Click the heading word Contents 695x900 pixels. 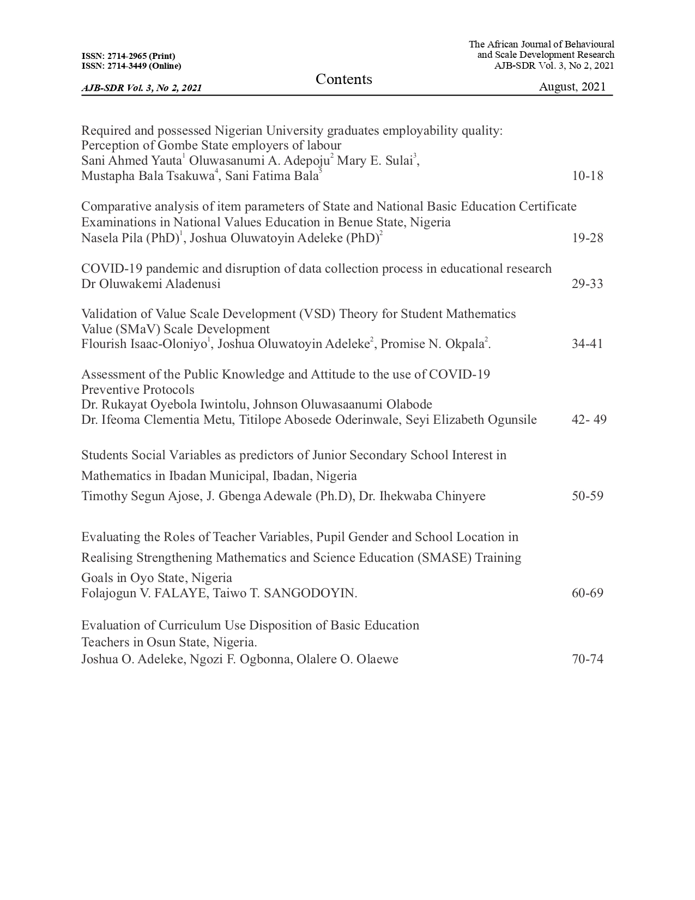click(x=343, y=80)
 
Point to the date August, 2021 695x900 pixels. click(x=572, y=87)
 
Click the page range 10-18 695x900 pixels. click(x=588, y=176)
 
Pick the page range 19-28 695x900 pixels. click(x=588, y=238)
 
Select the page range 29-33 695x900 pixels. click(x=588, y=284)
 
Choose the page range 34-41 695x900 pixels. click(x=588, y=344)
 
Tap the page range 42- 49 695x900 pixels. click(x=589, y=419)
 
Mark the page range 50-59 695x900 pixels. click(x=588, y=496)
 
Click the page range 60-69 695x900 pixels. click(x=588, y=593)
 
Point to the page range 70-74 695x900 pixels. click(x=588, y=659)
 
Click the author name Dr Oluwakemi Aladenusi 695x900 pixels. click(x=151, y=284)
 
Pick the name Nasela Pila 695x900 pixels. click(x=111, y=238)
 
